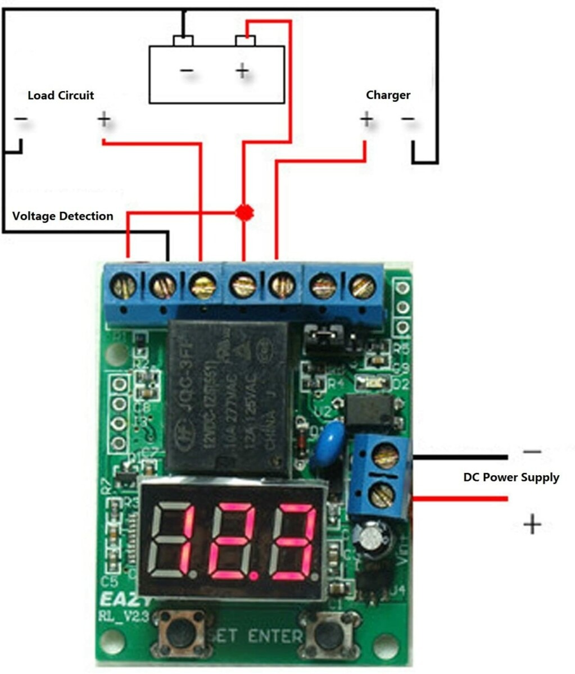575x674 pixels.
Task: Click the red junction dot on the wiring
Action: point(244,212)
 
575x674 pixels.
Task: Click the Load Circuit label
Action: point(61,95)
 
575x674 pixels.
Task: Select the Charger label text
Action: point(388,95)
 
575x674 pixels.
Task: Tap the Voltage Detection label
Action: point(62,216)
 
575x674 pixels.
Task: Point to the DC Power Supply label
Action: point(511,477)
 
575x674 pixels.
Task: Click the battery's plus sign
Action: point(242,71)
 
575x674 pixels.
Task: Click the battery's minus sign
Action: point(187,71)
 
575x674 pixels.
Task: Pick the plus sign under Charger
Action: point(366,119)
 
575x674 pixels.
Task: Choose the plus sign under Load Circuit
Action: point(104,119)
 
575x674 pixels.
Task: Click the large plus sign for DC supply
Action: point(532,525)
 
